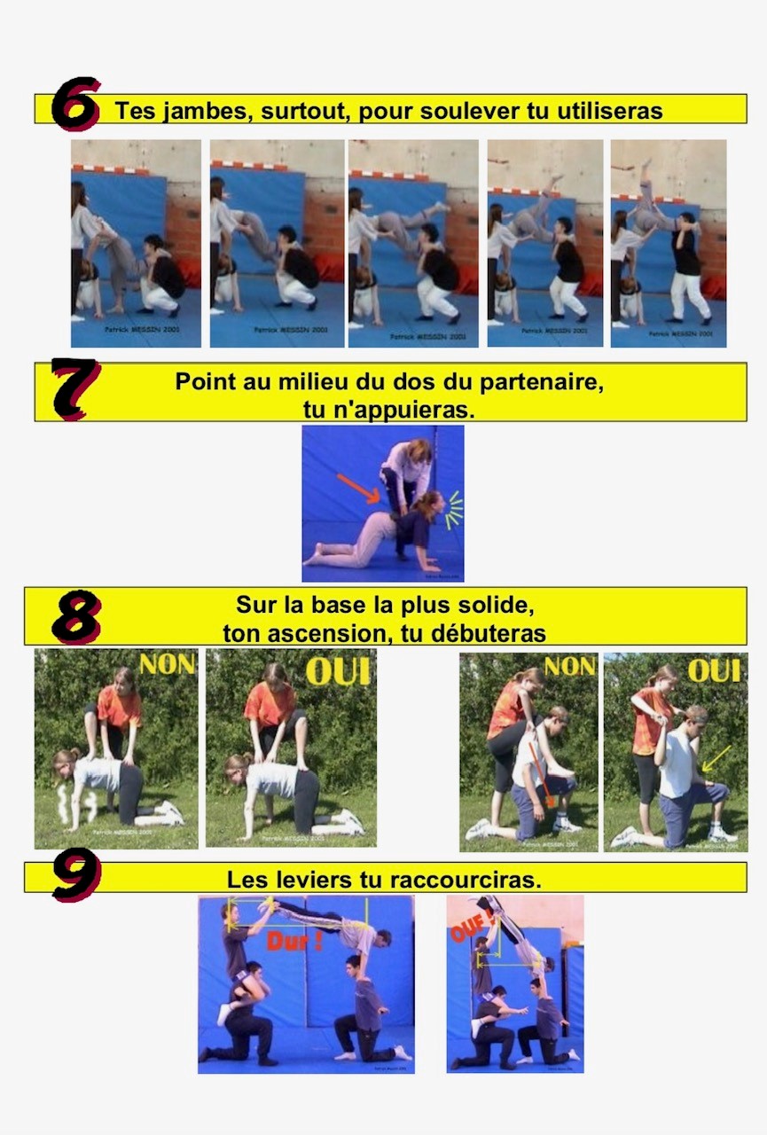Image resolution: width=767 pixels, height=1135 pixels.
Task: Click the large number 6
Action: coord(75,105)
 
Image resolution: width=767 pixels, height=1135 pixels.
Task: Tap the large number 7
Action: coord(75,388)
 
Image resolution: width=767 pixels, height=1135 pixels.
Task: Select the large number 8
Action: coord(76,617)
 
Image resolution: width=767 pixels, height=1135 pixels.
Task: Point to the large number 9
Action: coord(76,876)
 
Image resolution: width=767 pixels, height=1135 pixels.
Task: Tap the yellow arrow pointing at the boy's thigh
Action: coord(716,757)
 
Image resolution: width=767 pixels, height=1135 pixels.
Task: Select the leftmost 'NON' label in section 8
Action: coord(167,664)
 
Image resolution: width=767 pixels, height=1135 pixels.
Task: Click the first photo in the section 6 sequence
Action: coord(136,243)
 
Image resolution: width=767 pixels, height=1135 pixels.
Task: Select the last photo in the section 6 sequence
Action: coord(668,243)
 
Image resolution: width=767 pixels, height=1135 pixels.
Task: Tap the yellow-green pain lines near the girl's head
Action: coord(453,511)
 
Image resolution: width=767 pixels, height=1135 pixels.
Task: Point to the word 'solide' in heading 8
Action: coord(502,607)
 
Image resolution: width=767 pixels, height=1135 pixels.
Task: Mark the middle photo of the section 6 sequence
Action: coord(412,243)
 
